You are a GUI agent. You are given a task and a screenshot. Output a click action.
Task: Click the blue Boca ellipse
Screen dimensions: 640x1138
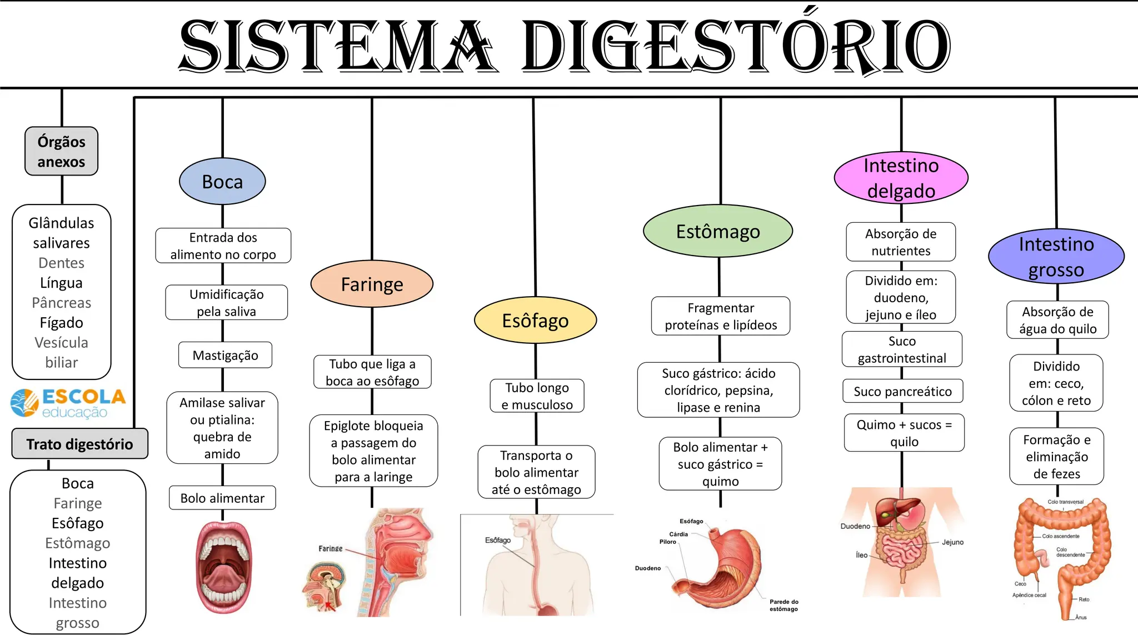(222, 182)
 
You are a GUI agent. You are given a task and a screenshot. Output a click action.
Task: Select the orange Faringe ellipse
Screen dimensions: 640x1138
(372, 284)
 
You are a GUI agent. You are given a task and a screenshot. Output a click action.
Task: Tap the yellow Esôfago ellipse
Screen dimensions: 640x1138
(535, 320)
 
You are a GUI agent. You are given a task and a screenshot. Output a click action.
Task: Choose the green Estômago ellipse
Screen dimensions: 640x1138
(718, 231)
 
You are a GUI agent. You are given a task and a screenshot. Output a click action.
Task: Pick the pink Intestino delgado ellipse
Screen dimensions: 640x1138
(901, 178)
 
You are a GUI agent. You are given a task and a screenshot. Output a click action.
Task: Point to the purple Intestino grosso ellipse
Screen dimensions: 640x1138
(1056, 257)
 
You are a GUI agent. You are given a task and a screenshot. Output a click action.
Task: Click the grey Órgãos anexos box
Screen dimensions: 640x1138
(61, 151)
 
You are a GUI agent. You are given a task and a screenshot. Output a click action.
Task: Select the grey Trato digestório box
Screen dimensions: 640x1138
(79, 444)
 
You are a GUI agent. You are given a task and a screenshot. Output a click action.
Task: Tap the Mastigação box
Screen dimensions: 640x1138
(225, 355)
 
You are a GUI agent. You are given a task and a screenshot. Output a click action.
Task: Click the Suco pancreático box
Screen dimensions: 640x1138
(902, 391)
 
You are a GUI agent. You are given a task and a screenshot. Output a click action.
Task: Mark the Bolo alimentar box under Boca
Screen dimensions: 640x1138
(222, 498)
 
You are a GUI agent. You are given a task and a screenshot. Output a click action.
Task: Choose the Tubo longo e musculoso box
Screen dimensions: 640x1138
(537, 396)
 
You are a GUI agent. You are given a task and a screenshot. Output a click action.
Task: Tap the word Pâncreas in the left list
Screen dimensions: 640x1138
(61, 303)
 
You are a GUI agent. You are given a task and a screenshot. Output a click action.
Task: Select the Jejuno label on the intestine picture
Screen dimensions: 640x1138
(952, 542)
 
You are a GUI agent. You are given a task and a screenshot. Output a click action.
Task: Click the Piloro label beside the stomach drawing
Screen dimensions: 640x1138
(667, 542)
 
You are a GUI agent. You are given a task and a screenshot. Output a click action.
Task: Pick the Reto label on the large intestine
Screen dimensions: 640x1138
(1084, 599)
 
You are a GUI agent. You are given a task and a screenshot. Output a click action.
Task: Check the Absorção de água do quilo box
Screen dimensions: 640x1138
(1057, 320)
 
